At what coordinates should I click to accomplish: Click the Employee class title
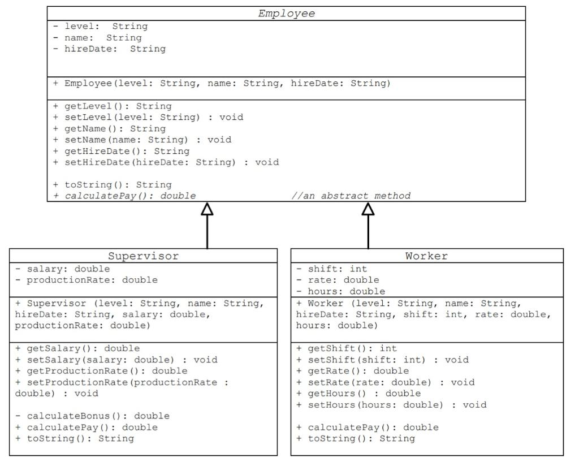[286, 14]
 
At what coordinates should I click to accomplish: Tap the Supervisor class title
[143, 256]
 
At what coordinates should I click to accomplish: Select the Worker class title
[426, 256]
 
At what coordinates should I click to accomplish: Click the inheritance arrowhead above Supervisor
[207, 209]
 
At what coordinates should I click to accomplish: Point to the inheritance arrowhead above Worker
[368, 209]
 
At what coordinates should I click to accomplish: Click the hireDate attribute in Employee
[110, 49]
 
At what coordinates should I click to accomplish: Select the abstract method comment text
[351, 196]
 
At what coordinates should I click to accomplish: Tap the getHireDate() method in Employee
[122, 151]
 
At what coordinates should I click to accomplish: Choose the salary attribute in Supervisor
[63, 269]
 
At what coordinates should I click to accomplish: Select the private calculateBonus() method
[92, 416]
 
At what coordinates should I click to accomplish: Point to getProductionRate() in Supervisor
[101, 371]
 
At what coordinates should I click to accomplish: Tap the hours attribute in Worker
[341, 291]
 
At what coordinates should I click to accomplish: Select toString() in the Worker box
[356, 438]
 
